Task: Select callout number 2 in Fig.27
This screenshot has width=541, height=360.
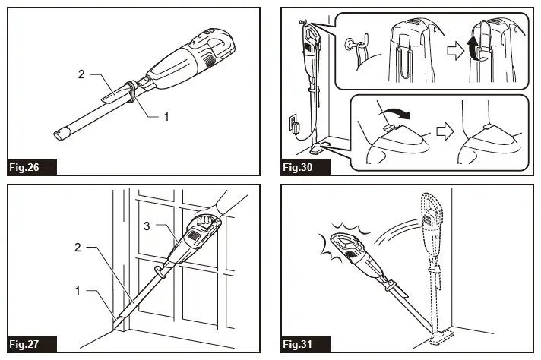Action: pos(82,248)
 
